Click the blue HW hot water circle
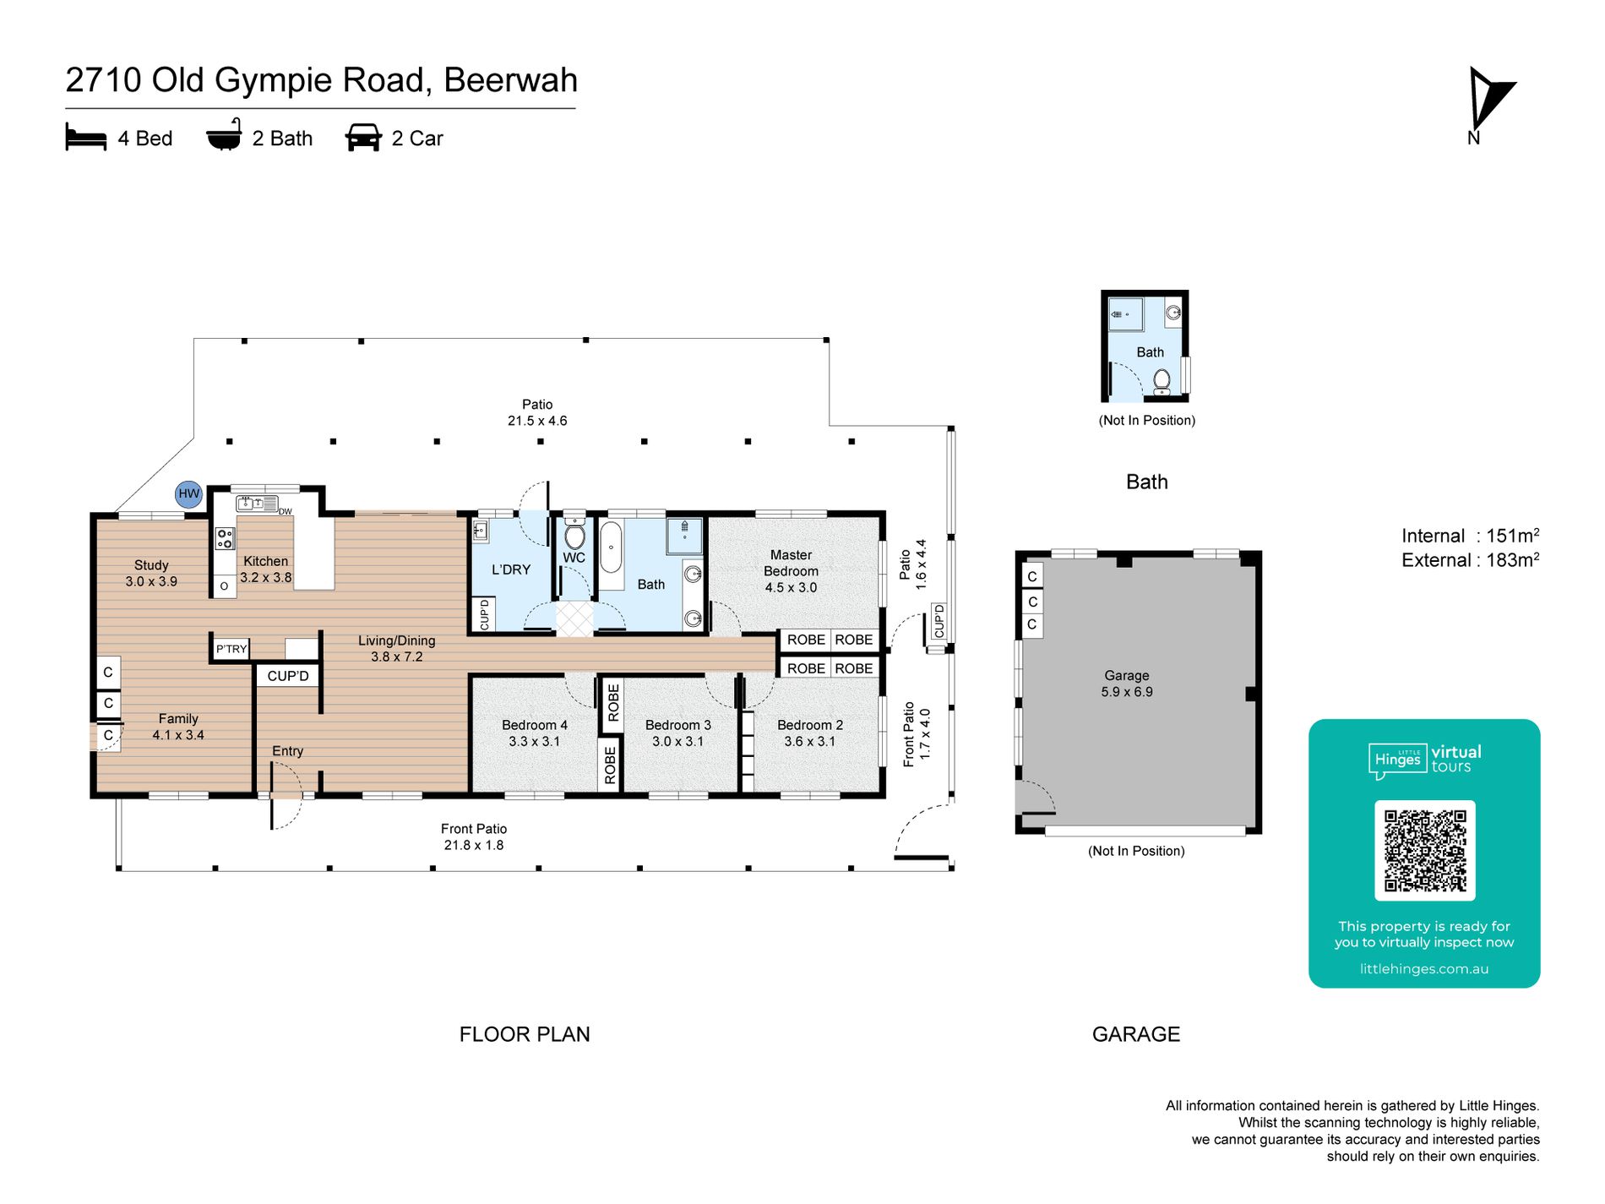(189, 494)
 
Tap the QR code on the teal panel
(1425, 850)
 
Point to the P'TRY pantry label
(231, 649)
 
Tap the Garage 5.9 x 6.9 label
(1127, 684)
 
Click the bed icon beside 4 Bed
(86, 138)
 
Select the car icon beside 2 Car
(363, 138)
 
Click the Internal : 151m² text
(1470, 536)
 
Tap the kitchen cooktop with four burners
(225, 538)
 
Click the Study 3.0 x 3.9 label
(151, 573)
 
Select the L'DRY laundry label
(511, 569)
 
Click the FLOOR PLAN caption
(525, 1034)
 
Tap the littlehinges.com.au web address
(1424, 969)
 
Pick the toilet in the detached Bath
(1162, 382)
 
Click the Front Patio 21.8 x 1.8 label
(474, 836)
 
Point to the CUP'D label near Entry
(288, 676)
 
